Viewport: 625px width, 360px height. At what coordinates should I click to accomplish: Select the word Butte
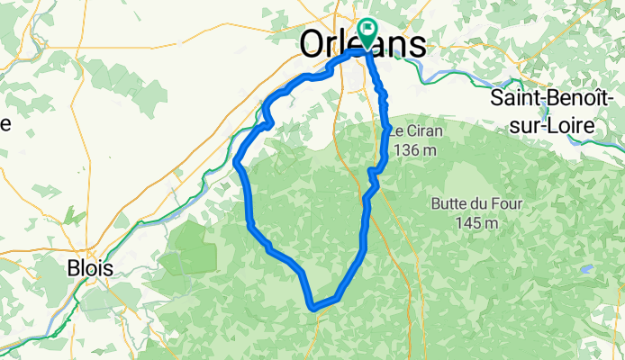coord(451,203)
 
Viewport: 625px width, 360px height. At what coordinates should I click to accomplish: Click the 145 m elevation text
coord(477,221)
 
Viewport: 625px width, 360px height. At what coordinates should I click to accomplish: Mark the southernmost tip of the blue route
coord(313,308)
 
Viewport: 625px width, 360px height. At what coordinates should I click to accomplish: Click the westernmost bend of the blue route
coord(237,162)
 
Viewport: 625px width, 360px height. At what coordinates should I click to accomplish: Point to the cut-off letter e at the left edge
coord(5,123)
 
